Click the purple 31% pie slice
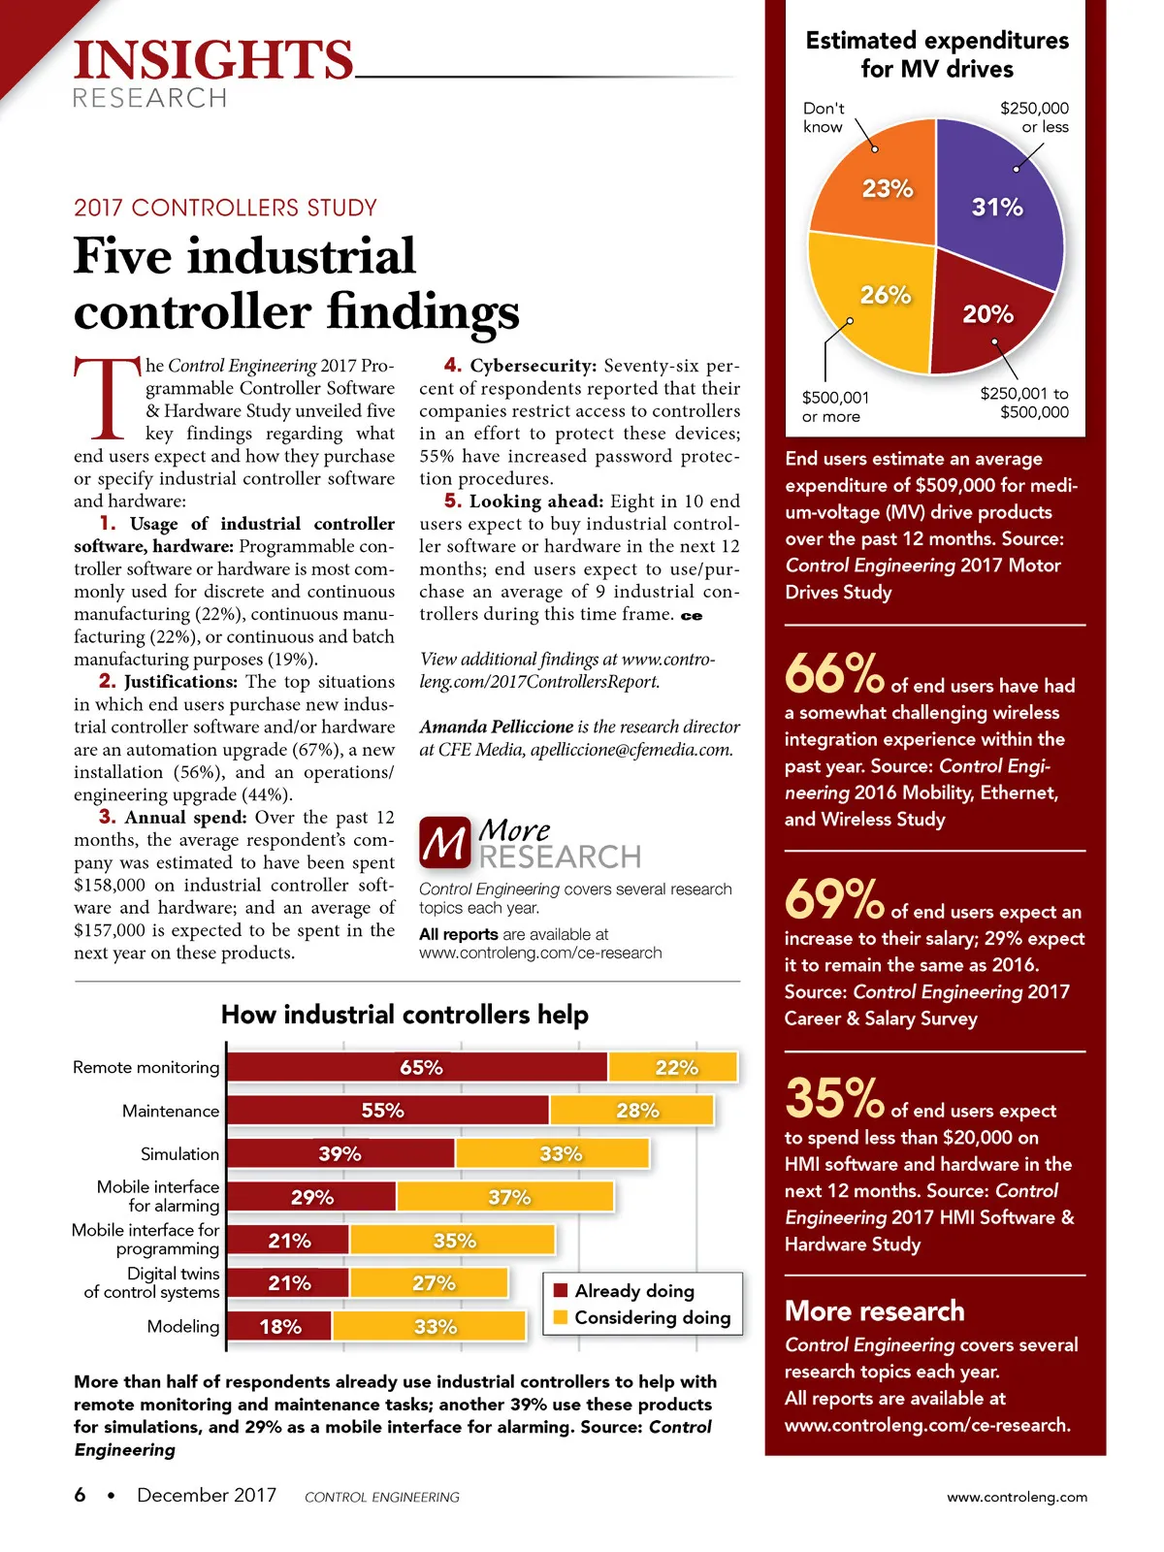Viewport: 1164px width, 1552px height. coord(994,209)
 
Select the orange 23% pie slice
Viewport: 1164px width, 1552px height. coord(878,189)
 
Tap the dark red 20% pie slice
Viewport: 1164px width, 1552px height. coord(985,320)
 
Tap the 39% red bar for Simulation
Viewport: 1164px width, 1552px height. coord(340,1153)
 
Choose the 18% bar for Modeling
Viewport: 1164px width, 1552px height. coord(280,1326)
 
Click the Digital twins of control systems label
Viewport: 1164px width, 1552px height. coord(152,1282)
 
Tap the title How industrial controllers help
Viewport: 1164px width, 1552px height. coord(404,1015)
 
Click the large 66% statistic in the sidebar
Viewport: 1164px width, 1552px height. coord(833,673)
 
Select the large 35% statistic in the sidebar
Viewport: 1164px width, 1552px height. coord(833,1098)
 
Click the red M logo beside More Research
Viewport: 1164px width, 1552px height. coord(444,842)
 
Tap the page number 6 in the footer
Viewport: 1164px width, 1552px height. coord(80,1495)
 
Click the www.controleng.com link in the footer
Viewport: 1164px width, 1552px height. coord(1017,1497)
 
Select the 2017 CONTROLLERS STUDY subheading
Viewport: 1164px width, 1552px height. coord(225,208)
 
